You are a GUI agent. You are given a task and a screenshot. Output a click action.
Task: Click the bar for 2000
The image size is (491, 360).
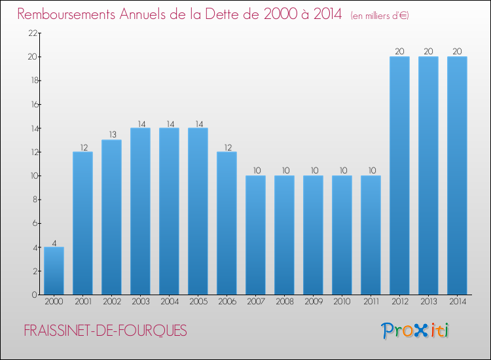coord(54,271)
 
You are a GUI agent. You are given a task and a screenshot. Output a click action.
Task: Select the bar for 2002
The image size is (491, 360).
coord(111,217)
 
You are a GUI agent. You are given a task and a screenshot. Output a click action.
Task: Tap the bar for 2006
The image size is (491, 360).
coord(227,223)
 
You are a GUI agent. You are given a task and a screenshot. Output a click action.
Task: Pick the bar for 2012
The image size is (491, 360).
coord(399,175)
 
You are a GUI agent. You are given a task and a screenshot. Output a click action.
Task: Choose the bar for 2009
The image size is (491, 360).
coord(313,235)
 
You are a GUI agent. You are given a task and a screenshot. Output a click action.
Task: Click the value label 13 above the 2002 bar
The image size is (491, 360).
coord(113,135)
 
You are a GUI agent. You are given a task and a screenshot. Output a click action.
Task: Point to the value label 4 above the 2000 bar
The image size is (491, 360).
coord(54,243)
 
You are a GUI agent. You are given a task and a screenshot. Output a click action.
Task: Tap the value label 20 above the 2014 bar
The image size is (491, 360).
coord(457,51)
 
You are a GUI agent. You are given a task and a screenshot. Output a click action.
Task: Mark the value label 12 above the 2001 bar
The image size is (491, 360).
coord(84,147)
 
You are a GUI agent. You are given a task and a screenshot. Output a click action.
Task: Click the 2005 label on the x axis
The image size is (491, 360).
coord(198,302)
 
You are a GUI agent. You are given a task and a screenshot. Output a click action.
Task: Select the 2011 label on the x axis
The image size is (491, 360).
coord(371,302)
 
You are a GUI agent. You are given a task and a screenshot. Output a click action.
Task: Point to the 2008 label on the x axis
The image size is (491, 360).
coord(285,302)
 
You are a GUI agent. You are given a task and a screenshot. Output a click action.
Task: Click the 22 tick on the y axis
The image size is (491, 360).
coord(33,33)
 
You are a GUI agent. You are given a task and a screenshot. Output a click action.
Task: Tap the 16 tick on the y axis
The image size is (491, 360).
coord(34,105)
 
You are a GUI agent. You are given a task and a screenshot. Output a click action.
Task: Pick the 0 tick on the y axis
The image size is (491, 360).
coord(35,295)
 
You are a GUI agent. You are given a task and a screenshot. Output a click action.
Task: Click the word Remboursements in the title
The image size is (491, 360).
coord(66,14)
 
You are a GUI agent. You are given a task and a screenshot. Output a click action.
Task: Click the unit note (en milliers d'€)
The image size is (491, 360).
coord(380,16)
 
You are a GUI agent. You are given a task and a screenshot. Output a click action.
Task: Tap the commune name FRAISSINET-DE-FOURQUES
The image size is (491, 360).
coord(105,331)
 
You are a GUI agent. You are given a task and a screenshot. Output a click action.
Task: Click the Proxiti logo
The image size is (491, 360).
coord(415,331)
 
